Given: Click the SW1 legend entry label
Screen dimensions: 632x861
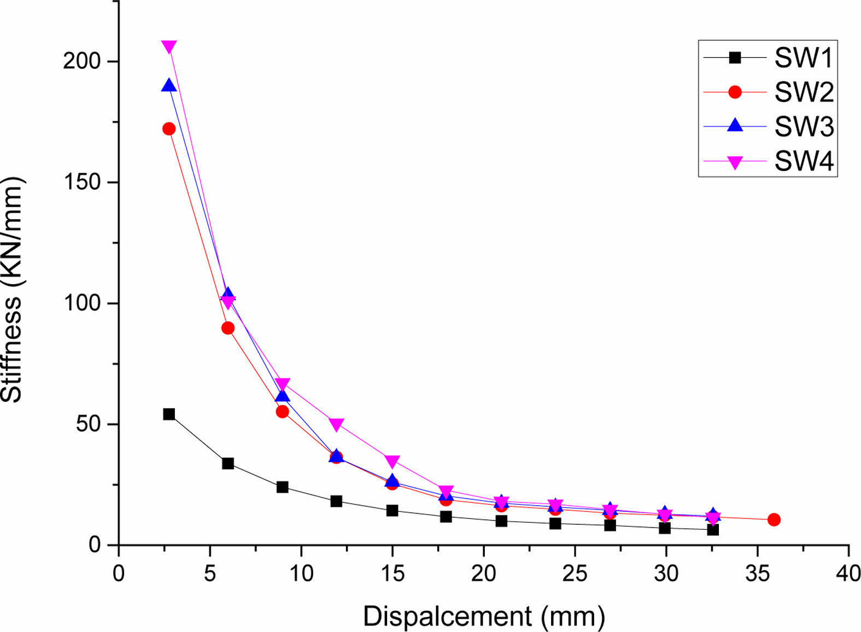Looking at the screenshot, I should [803, 58].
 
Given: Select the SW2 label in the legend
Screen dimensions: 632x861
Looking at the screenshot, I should [804, 92].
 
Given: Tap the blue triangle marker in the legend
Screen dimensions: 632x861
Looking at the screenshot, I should [735, 126].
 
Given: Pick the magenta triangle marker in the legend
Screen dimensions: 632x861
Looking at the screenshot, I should [735, 162].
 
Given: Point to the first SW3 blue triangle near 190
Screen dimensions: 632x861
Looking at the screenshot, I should [169, 86].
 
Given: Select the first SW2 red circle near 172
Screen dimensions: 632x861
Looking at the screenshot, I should [169, 129].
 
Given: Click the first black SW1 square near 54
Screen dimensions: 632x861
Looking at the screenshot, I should [169, 414].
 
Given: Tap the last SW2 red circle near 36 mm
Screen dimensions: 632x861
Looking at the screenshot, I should [774, 519].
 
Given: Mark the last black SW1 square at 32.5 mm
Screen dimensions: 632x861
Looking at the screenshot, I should [712, 529].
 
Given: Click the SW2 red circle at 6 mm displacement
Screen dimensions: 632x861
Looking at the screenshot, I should [228, 328].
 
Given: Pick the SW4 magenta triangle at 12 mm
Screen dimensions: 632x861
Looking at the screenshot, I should [336, 424].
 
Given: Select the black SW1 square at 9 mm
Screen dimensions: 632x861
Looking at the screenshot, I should [282, 487].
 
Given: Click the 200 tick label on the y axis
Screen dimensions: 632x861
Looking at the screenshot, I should [82, 61].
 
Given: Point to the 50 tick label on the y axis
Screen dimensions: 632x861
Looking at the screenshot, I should [89, 424].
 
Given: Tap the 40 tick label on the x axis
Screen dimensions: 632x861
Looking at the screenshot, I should [848, 574].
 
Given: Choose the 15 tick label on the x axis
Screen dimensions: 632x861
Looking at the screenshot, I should [392, 574].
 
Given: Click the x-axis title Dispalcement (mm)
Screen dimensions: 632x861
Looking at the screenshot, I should [484, 616].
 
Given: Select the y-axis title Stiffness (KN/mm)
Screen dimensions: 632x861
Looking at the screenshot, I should [12, 290].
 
